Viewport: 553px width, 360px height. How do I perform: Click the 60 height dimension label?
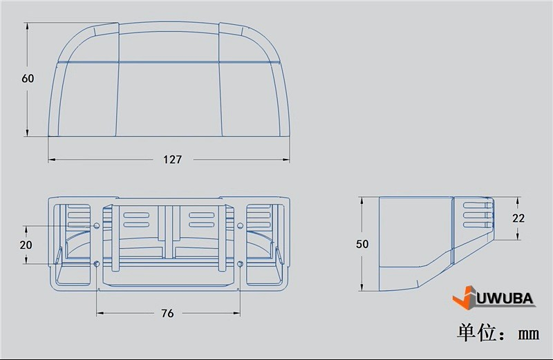pos(28,79)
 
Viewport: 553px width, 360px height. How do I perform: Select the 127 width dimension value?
pos(172,160)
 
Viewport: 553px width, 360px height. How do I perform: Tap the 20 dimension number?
pos(26,245)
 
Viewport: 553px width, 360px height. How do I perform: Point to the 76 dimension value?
pos(167,313)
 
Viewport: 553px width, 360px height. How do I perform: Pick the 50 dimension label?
pos(362,244)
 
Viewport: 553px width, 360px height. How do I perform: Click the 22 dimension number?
pos(518,218)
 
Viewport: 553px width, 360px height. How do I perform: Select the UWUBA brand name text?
pos(505,299)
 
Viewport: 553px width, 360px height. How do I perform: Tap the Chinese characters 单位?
pos(476,333)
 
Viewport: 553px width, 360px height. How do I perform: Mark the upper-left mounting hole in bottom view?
pos(96,226)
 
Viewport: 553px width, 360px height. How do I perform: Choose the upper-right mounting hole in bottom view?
pos(240,226)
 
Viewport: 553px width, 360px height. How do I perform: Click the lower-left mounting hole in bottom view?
pos(96,264)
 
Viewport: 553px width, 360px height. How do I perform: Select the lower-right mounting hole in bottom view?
pos(240,264)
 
